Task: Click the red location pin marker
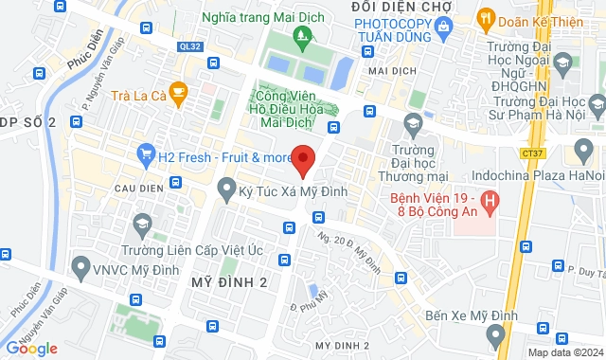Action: click(x=303, y=160)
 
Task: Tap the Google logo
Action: click(x=32, y=349)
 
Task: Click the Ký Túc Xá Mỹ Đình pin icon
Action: click(x=226, y=191)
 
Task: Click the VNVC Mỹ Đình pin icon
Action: click(x=81, y=265)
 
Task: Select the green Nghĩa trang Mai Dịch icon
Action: click(x=302, y=39)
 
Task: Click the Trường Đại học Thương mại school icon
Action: click(x=413, y=123)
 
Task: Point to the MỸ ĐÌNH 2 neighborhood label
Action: click(x=229, y=283)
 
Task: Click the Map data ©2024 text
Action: click(x=564, y=352)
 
